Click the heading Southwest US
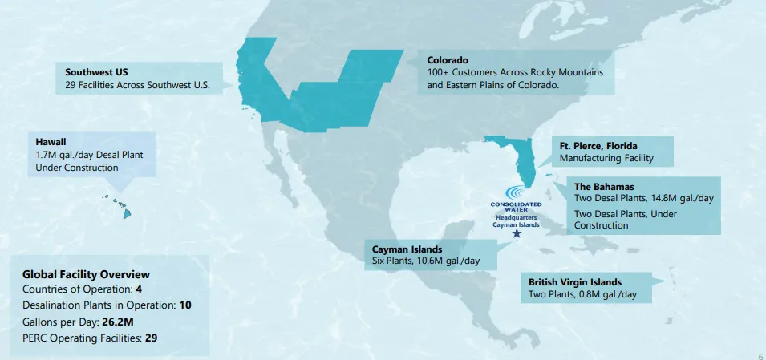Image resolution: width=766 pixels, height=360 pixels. pos(97,71)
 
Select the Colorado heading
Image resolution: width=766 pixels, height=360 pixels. pos(448,59)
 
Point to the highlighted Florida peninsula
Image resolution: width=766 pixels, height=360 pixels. pos(522,160)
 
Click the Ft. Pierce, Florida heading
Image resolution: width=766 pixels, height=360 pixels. pos(598,146)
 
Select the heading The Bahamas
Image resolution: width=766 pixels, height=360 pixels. pos(604,187)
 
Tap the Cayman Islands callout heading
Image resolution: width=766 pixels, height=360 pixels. pos(407,249)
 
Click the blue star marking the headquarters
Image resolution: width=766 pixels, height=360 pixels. pos(516,235)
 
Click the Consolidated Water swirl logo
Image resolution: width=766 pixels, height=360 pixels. pos(516,194)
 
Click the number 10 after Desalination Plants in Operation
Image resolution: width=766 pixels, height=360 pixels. pos(184,305)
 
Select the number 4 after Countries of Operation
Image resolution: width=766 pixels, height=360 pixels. pos(139,289)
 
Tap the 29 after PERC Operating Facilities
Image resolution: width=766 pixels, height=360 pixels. pos(151,338)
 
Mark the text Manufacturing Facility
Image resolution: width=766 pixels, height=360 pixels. pos(606,159)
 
